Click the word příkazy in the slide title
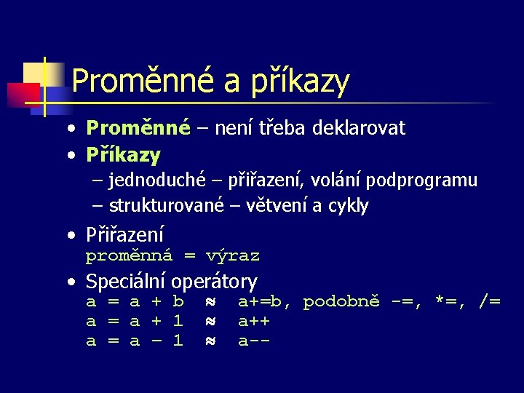pos(299,82)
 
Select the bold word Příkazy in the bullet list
pos(123,155)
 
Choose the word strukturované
pos(167,206)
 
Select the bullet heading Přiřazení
pos(124,235)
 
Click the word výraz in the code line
pos(232,256)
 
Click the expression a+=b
pos(264,301)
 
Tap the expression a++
pos(254,321)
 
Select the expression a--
pos(254,340)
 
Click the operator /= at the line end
pos(489,301)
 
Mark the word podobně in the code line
pos(341,301)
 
